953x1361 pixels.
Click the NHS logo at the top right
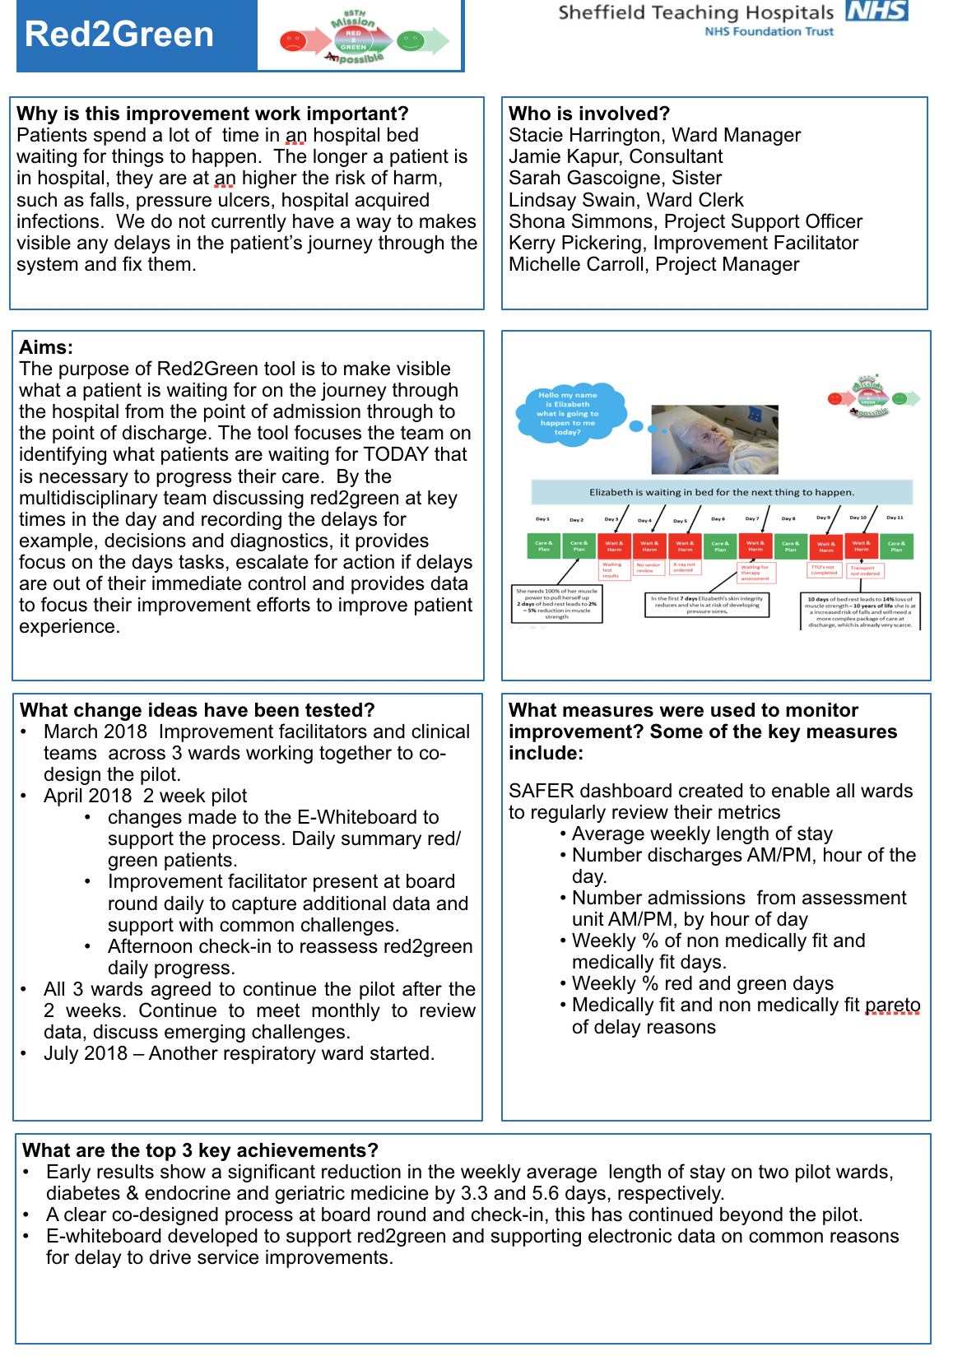(x=876, y=11)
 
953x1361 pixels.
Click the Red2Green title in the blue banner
(x=119, y=35)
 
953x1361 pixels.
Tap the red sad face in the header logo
(x=293, y=40)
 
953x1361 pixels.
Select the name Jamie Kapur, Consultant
(x=616, y=156)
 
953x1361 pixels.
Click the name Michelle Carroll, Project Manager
(x=653, y=264)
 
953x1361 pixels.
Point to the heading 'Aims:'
(x=46, y=347)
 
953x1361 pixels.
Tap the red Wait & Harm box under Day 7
(x=755, y=546)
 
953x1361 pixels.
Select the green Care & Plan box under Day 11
(x=896, y=546)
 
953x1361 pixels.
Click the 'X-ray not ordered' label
(x=684, y=567)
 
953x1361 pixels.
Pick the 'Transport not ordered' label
(x=865, y=570)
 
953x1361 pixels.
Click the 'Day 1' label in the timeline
(x=542, y=519)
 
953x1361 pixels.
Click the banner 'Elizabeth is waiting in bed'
(x=721, y=492)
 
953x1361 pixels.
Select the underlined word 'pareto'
(x=892, y=1005)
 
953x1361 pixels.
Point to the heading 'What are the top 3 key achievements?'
(x=200, y=1150)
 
